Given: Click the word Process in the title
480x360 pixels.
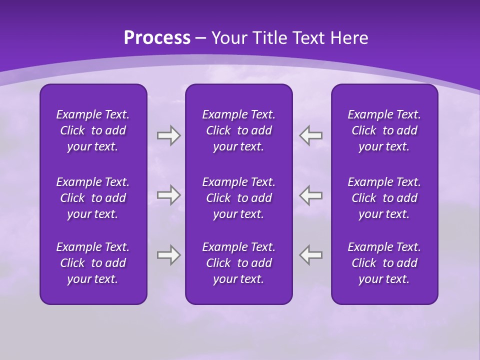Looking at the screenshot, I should [x=157, y=38].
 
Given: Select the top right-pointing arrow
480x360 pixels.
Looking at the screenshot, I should [x=168, y=135].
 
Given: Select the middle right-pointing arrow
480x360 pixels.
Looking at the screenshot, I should [x=168, y=194].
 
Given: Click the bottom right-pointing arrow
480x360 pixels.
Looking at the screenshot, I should [x=168, y=254].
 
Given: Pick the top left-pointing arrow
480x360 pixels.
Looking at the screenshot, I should [x=311, y=135].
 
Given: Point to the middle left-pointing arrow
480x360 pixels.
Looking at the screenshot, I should [x=311, y=194].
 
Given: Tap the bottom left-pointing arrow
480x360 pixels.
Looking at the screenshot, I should [x=311, y=254].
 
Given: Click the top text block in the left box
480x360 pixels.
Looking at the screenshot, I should [x=93, y=130].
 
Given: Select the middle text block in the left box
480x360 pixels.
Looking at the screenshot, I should [x=93, y=198].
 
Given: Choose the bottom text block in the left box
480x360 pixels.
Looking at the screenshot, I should [x=93, y=263].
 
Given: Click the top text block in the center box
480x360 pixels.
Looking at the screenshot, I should [x=239, y=130].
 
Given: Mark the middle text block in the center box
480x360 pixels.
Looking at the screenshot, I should [x=239, y=198].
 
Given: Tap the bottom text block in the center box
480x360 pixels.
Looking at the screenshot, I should [x=239, y=263].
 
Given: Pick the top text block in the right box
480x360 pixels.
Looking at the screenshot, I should [x=384, y=130].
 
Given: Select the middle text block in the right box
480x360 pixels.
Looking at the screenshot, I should [x=384, y=198].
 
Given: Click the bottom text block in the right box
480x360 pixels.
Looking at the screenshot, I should [x=384, y=263].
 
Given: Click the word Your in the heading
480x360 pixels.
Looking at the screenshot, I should [x=229, y=38].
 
